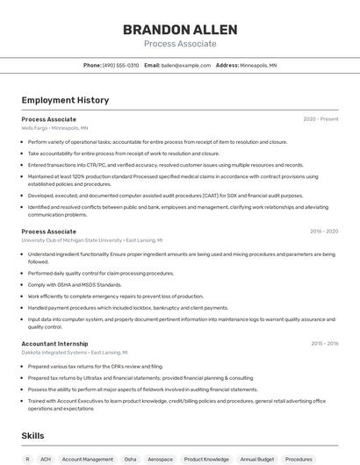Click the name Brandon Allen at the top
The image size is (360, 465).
(180, 28)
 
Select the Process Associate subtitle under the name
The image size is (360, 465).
(180, 43)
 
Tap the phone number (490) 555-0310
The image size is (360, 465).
(120, 65)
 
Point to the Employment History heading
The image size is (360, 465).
(65, 100)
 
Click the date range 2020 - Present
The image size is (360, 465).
(320, 118)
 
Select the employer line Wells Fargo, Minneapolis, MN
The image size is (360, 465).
(54, 127)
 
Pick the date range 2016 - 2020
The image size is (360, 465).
(324, 232)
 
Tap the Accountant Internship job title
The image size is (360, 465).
(54, 344)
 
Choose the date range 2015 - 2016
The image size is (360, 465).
(324, 344)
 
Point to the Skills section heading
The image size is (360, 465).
(33, 435)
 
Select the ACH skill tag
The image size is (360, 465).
(46, 459)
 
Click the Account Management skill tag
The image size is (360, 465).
(88, 459)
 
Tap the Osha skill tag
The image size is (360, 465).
(130, 459)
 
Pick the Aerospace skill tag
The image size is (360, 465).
(161, 459)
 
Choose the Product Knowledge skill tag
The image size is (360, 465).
(206, 459)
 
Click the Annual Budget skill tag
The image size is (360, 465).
(257, 459)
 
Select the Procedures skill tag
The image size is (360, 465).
(299, 459)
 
